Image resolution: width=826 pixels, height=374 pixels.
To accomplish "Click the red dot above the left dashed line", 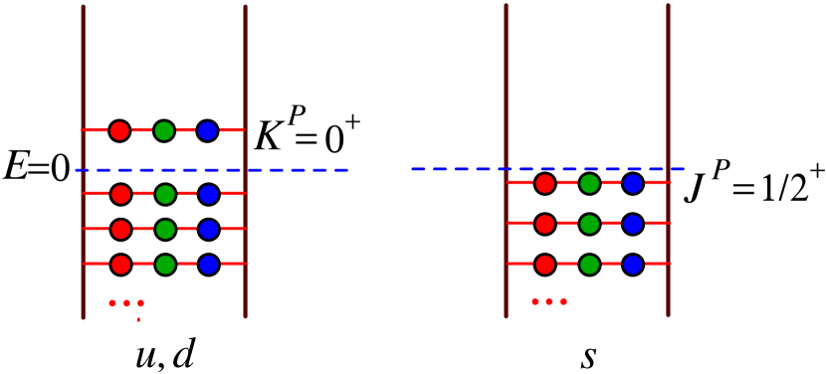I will pyautogui.click(x=119, y=130).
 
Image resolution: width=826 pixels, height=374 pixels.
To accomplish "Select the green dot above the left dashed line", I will pyautogui.click(x=164, y=130).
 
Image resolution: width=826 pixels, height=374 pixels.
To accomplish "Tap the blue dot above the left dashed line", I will pyautogui.click(x=207, y=130).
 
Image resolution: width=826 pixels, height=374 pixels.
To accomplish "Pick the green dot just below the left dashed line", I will pyautogui.click(x=165, y=194).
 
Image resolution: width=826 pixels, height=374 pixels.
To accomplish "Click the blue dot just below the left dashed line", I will pyautogui.click(x=209, y=194).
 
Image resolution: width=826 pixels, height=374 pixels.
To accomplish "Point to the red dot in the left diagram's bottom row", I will pyautogui.click(x=121, y=265).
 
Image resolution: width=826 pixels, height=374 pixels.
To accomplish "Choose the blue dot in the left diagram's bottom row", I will pyautogui.click(x=209, y=265).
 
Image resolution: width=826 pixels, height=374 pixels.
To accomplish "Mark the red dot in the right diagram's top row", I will pyautogui.click(x=545, y=183).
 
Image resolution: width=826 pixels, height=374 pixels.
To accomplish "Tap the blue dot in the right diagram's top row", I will pyautogui.click(x=633, y=183).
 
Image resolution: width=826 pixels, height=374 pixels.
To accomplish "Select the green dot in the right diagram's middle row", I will pyautogui.click(x=589, y=224).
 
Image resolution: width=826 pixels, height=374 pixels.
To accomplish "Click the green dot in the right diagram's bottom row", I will pyautogui.click(x=589, y=265).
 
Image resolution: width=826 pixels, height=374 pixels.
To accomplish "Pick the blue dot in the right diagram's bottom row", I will pyautogui.click(x=633, y=265).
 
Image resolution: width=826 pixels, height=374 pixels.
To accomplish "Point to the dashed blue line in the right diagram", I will pyautogui.click(x=458, y=169).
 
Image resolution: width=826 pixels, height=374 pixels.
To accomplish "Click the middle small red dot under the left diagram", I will pyautogui.click(x=126, y=303).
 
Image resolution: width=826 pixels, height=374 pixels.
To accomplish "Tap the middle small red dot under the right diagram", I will pyautogui.click(x=549, y=301).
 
